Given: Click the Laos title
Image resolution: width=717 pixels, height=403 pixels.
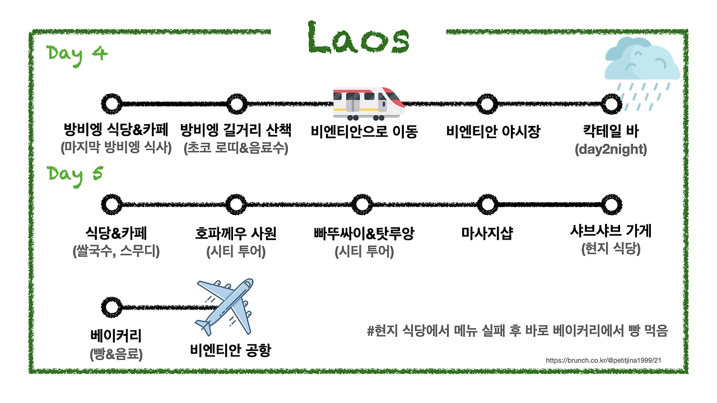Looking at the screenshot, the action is [x=358, y=38].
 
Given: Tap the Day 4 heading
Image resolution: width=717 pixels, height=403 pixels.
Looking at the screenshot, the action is [x=77, y=54].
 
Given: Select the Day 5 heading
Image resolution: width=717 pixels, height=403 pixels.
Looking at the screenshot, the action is [x=75, y=174].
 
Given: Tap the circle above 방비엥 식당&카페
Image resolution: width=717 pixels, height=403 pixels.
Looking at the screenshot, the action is [x=112, y=104].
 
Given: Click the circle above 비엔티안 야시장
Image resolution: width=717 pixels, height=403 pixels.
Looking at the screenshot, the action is [x=487, y=104].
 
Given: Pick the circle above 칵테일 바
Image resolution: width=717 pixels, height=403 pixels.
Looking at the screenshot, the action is [x=611, y=104].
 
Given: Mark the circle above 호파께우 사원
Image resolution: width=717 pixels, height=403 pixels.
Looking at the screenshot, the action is [x=237, y=204].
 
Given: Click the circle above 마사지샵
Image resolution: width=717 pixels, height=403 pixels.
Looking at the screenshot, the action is [x=487, y=204].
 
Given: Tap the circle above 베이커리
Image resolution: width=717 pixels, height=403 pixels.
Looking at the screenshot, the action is [x=112, y=306].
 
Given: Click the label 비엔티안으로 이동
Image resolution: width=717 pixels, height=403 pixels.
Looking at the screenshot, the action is [x=365, y=132].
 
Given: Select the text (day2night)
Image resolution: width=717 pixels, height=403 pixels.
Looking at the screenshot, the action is [x=611, y=150].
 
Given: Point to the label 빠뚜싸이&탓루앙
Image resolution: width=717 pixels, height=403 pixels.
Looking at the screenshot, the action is [x=364, y=233].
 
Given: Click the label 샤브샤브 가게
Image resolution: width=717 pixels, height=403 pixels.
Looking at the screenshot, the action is [x=611, y=231].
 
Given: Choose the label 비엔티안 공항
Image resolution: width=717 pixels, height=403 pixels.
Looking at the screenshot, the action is [x=230, y=350].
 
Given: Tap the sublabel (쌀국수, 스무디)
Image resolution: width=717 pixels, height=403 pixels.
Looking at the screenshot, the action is [x=117, y=251].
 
